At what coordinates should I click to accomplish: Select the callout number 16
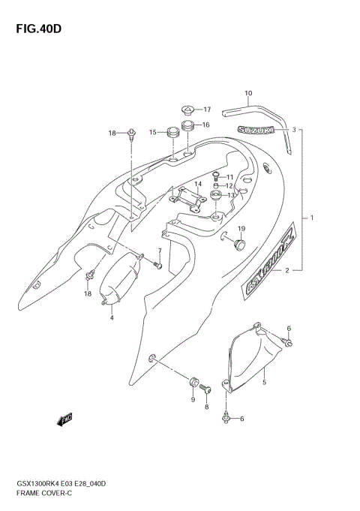pyautogui.click(x=205, y=125)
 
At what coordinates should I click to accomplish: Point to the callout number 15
pyautogui.click(x=151, y=132)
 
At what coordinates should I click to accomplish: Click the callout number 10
pyautogui.click(x=248, y=94)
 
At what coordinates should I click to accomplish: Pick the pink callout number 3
pyautogui.click(x=295, y=129)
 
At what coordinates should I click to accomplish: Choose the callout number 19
pyautogui.click(x=241, y=228)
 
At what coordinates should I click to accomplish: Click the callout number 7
pyautogui.click(x=159, y=251)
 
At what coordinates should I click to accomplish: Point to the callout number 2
pyautogui.click(x=286, y=272)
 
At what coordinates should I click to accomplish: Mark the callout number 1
pyautogui.click(x=312, y=218)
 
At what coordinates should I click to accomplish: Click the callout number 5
pyautogui.click(x=264, y=383)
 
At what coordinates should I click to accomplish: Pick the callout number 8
pyautogui.click(x=207, y=406)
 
